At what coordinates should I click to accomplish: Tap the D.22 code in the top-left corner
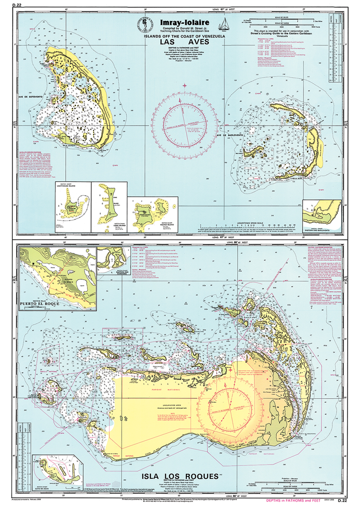[x=23, y=5]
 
